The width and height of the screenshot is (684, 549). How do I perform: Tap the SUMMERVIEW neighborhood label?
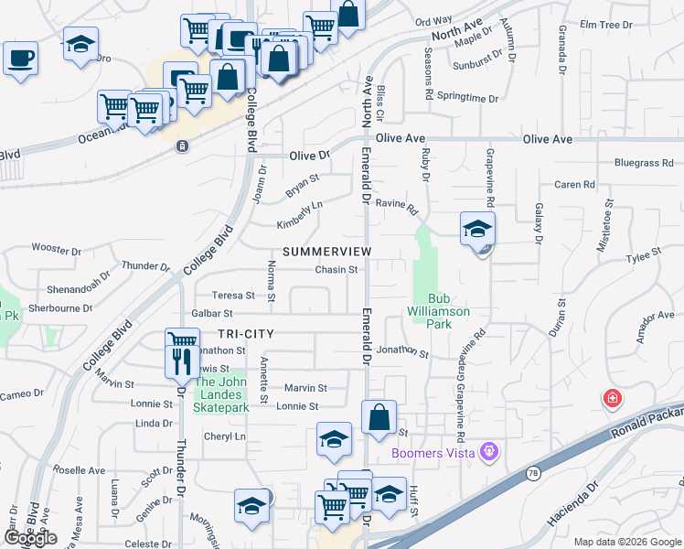point(326,251)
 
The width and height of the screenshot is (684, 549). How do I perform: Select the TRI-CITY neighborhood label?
point(246,334)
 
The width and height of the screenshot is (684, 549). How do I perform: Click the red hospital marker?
point(612,399)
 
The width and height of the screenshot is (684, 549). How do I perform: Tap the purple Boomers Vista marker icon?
point(490,451)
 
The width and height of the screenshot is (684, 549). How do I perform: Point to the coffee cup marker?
point(20,59)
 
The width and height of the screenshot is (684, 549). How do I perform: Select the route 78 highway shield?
point(533,473)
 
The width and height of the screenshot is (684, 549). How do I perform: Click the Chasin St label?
point(336,270)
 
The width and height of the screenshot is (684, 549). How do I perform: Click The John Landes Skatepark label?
point(221,389)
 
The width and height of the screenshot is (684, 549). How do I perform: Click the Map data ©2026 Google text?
point(627,542)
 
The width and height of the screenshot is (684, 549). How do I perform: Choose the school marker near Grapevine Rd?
point(476,229)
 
